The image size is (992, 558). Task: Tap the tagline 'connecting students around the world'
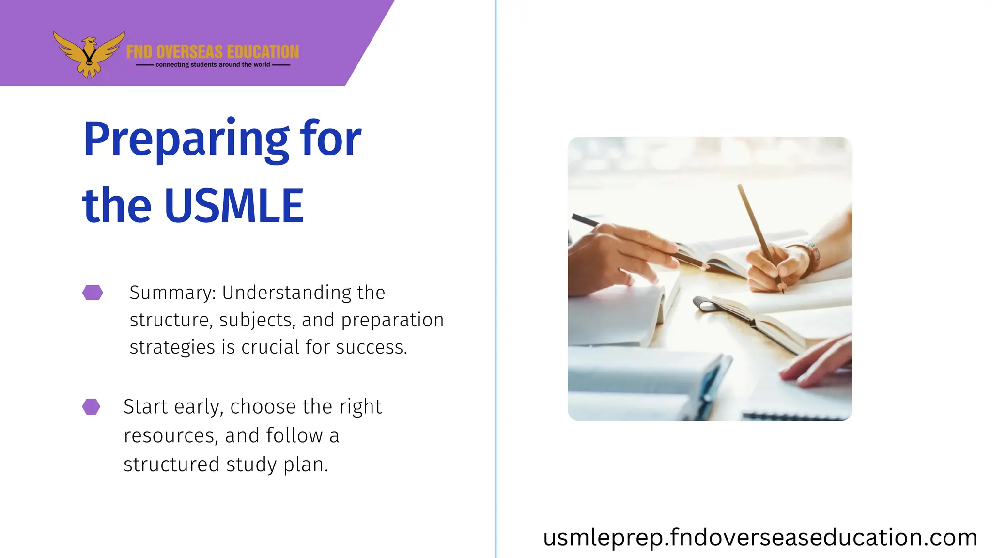(213, 65)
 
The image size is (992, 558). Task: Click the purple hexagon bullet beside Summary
(93, 293)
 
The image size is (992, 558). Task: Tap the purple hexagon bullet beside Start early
(91, 406)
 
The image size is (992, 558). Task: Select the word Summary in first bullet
(172, 293)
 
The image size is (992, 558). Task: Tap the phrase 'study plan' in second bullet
(277, 465)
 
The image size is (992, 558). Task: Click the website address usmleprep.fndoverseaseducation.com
(759, 538)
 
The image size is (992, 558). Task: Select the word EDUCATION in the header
(263, 52)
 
